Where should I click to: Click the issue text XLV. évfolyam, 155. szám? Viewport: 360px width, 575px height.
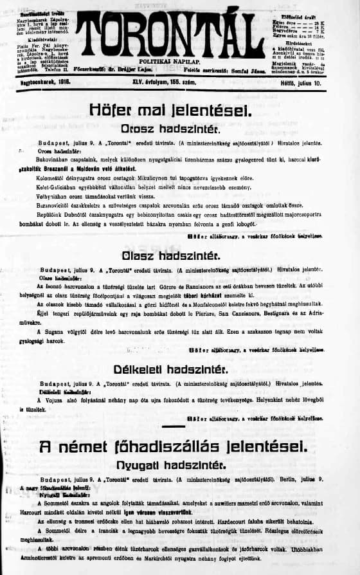[x=179, y=82]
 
